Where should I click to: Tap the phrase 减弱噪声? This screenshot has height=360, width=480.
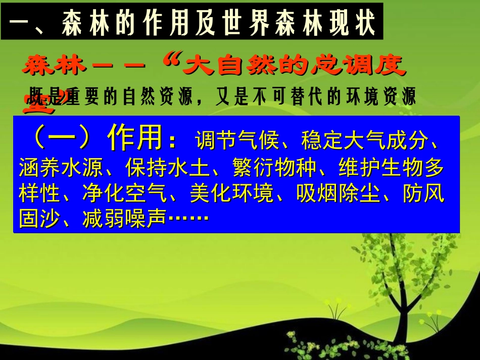tap(125, 220)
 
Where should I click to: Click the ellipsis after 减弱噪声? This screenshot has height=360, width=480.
tap(188, 220)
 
